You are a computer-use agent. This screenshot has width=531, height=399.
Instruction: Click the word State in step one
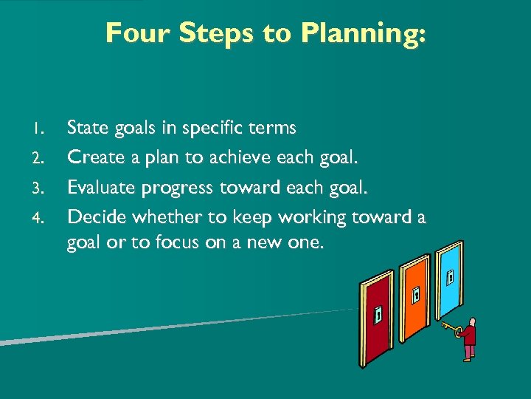(86, 128)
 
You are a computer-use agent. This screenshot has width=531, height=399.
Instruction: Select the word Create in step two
(90, 157)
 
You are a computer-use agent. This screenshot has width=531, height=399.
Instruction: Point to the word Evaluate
(99, 188)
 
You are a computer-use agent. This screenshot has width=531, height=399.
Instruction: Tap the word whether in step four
(159, 217)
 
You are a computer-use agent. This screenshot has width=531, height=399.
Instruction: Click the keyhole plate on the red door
(378, 314)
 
